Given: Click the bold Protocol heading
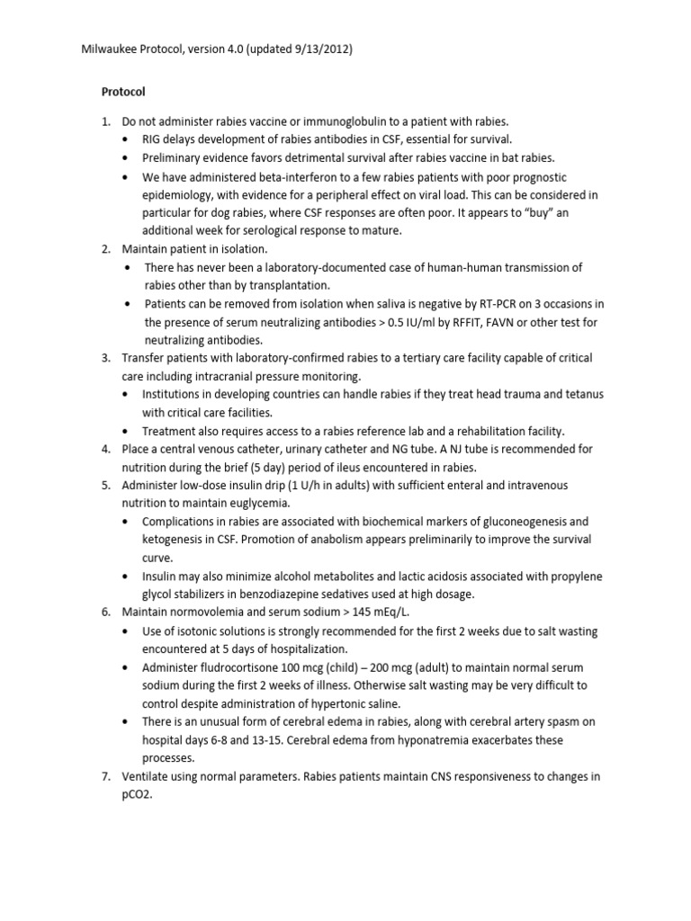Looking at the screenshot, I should [121, 92].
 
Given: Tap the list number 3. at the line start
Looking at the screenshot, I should [105, 358].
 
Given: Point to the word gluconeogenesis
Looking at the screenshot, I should [514, 521].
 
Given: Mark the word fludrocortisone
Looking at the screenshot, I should [237, 666].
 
